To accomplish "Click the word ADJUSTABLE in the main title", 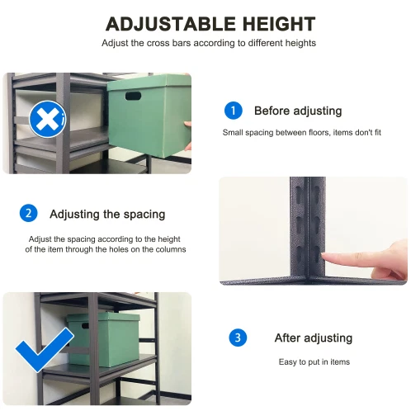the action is pos(171,24).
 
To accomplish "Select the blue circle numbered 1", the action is pos(234,111).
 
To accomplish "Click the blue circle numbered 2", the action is pos(29,213).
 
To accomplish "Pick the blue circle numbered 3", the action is pos(238,338).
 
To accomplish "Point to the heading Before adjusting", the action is pos(298,111).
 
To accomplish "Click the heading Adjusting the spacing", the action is pos(107,215).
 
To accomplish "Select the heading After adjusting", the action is pos(314,338).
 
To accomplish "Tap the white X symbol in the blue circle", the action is pos(47,119).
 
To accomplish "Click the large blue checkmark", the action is pos(44,349).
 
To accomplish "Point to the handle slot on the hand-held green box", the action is pos(133,96).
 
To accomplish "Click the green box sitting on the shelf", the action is pos(103,339).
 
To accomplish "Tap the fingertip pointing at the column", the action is pos(324,257).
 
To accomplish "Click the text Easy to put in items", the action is pos(314,361).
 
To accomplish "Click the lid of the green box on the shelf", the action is pos(103,317).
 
